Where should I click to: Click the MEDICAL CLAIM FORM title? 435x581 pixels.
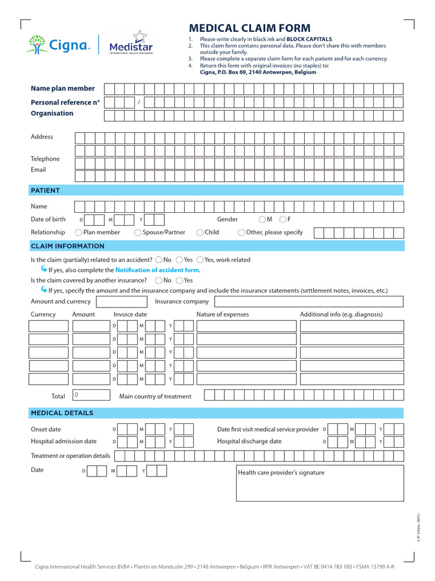click(249, 28)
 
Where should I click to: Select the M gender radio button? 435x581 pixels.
click(262, 220)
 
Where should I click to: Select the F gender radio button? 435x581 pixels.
click(283, 220)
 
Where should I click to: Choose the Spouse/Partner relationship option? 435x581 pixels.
click(138, 233)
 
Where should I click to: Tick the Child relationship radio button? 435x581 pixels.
click(200, 233)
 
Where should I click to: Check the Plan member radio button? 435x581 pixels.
click(78, 233)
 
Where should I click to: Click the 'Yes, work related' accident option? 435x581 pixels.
click(200, 260)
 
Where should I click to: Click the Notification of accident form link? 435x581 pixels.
click(157, 270)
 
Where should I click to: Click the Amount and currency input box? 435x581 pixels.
click(121, 302)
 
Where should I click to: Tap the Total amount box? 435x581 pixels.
click(91, 395)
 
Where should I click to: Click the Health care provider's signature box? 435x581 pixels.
click(320, 483)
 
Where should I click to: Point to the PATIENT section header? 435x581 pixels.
click(45, 191)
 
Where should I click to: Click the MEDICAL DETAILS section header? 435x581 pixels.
click(62, 413)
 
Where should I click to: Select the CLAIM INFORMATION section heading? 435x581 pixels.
click(67, 246)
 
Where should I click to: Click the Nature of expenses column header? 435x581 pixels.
click(223, 314)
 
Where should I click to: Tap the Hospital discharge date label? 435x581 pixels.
click(249, 441)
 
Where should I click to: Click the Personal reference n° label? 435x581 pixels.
click(65, 102)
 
